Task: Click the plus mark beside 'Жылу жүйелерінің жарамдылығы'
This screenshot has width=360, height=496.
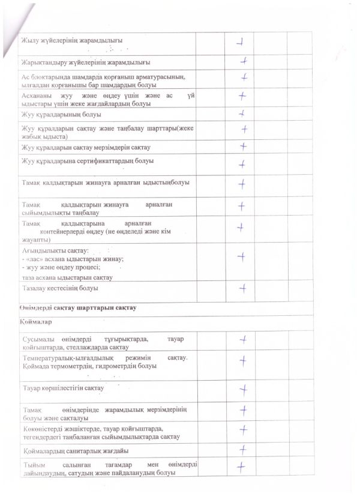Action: coord(241,42)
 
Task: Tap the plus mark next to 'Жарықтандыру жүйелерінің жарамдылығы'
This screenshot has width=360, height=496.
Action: coord(244,61)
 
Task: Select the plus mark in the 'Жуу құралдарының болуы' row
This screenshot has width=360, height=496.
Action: coord(241,113)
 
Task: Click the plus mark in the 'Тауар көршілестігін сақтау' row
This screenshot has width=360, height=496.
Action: coord(244,389)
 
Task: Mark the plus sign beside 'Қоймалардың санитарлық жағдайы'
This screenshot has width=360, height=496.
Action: coord(244,449)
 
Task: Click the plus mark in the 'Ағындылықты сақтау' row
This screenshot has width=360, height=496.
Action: coord(242,257)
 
